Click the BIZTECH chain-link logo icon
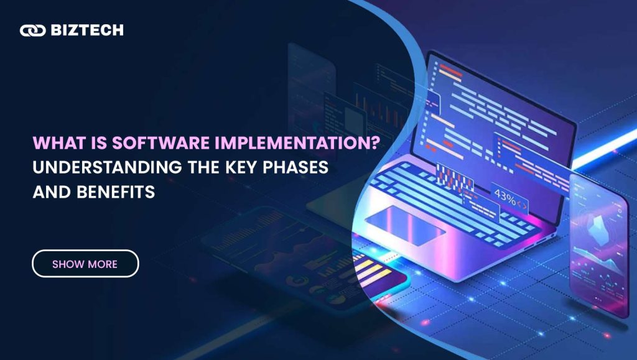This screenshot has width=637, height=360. coord(32,30)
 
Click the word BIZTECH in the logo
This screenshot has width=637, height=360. coord(87,30)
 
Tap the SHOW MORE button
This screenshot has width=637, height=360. coord(85,264)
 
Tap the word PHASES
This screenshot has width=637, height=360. coord(295,167)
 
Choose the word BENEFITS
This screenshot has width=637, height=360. coord(116,192)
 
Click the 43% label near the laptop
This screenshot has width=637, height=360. coord(505,197)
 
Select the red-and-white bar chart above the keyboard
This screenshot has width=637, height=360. coord(455,178)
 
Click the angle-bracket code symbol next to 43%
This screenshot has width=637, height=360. coord(522,205)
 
